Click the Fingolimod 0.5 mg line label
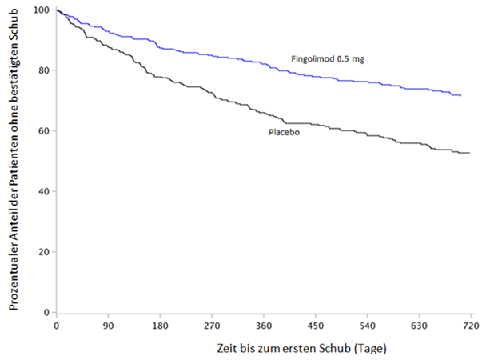[327, 58]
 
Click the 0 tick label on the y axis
[49, 313]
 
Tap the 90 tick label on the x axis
[108, 326]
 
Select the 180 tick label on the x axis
[160, 326]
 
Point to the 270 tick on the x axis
[212, 326]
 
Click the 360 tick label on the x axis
[264, 326]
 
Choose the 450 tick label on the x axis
[316, 326]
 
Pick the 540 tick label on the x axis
[368, 326]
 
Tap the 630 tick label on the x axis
[419, 326]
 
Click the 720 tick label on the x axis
[471, 326]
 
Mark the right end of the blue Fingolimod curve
[461, 95]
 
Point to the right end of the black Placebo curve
[469, 153]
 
